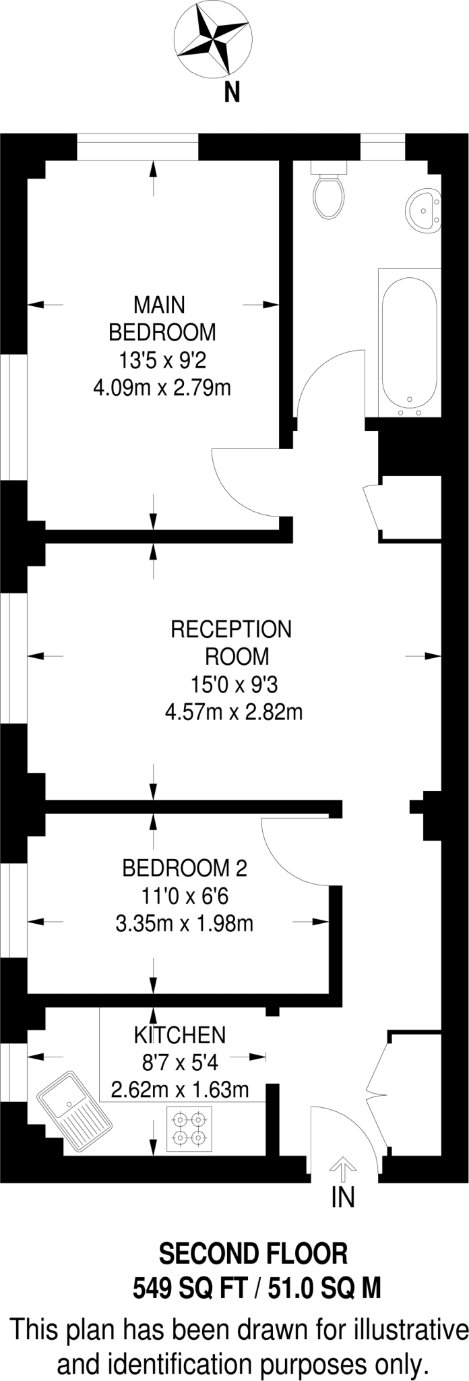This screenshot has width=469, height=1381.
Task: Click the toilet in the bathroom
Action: point(329,192)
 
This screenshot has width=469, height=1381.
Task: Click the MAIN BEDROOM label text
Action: point(162,319)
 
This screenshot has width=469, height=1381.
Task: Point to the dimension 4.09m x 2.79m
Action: point(162,388)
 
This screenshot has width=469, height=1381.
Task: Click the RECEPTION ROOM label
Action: point(232,642)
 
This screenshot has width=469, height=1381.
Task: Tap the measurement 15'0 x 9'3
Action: point(234,685)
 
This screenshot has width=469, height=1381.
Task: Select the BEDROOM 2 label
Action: point(185,868)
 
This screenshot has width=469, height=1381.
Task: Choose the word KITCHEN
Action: point(180,1034)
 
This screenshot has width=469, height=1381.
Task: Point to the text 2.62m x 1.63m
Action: point(180,1089)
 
